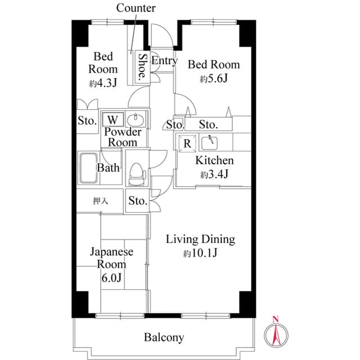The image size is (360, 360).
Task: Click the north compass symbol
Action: coord(276,335)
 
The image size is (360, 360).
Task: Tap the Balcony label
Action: coord(164,337)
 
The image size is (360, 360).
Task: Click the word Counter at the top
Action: coord(136,8)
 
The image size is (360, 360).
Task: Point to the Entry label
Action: coord(164,61)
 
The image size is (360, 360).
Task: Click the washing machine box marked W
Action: coord(113,120)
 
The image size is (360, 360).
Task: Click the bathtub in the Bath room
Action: coord(88,168)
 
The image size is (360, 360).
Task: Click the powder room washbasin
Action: coord(136,120)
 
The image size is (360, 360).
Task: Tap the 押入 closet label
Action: coord(100,200)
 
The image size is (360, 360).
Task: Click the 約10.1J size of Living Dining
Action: coord(200,253)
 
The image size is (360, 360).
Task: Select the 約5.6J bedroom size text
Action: coord(213,79)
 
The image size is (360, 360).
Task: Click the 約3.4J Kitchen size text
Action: coord(214,174)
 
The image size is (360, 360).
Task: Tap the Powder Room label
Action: coord(123,137)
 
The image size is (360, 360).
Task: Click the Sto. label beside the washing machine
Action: coord(87,120)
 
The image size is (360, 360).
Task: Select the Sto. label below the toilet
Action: coord(138,201)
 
